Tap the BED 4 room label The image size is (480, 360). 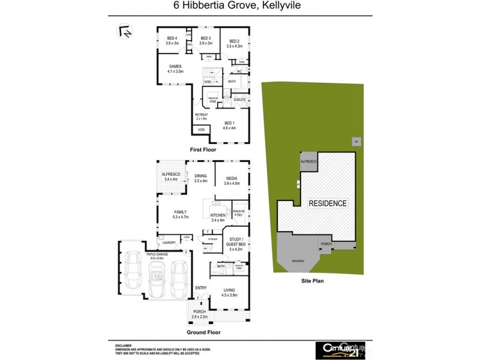[x=172, y=41]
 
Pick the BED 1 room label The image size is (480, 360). [x=229, y=125]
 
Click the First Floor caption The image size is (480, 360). [x=203, y=149]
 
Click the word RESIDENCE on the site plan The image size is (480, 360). [x=328, y=203]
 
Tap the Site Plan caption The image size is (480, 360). [x=313, y=280]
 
